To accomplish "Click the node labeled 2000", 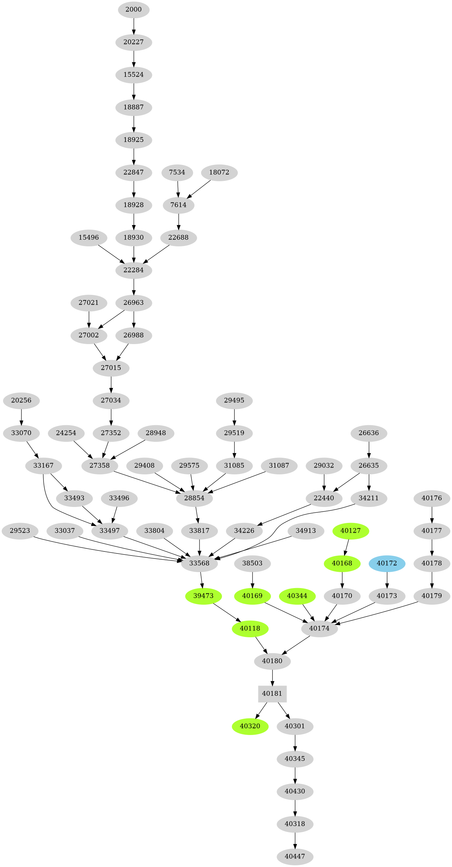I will [134, 10].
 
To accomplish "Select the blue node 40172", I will [387, 563].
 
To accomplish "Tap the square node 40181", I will [272, 694].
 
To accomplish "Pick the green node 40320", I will [250, 726].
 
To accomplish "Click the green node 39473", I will [203, 596].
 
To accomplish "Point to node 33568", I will [199, 563].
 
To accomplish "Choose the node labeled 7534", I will [177, 172].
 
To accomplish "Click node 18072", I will [219, 172].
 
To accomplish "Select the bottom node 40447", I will [295, 856].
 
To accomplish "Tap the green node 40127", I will [350, 531].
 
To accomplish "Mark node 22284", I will [134, 270].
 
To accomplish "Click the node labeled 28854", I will [194, 498].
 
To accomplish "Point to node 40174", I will [319, 628].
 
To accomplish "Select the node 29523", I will [20, 531].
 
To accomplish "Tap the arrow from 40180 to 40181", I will [272, 677].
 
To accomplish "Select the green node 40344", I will [297, 596].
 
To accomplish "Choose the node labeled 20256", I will [21, 400].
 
